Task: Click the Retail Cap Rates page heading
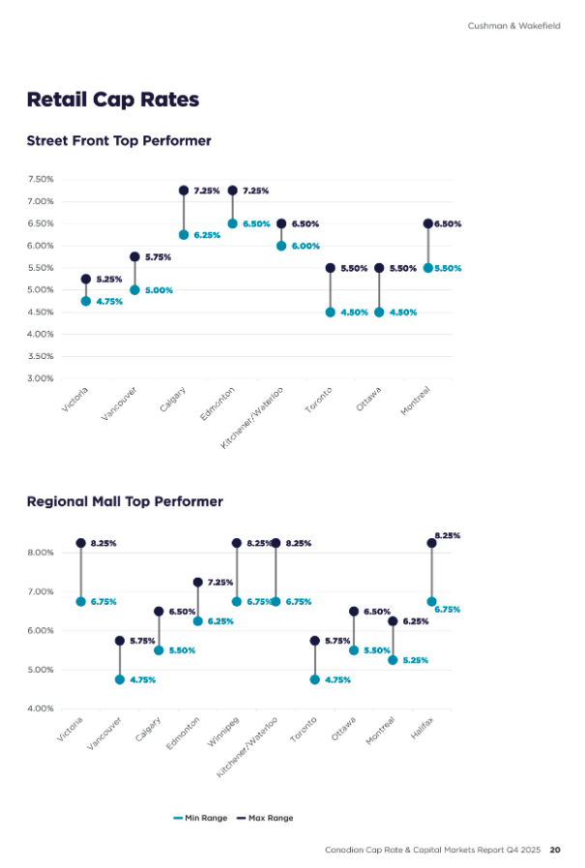113,99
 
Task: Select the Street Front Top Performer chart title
119,141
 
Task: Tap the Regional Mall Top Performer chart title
125,501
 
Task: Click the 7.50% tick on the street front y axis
41,179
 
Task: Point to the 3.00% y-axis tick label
41,378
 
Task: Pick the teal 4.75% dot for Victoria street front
86,301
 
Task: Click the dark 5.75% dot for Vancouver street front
134,256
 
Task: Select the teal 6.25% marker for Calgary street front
184,235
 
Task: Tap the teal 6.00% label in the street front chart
306,246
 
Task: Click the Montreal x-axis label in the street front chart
416,402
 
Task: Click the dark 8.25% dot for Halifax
431,543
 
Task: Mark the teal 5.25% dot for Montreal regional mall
393,660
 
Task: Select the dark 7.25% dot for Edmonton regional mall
197,583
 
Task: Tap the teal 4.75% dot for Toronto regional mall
314,679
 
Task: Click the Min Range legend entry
201,818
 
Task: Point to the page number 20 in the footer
555,851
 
